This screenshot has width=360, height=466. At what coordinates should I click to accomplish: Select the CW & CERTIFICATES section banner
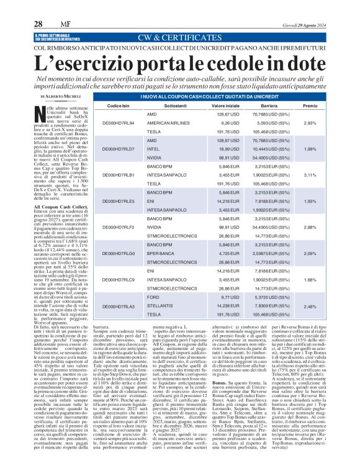click(180, 37)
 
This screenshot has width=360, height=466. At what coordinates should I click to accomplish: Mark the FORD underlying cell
click(153, 297)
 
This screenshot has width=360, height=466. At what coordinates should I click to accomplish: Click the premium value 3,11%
click(309, 176)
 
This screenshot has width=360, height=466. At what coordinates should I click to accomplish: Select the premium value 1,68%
click(309, 280)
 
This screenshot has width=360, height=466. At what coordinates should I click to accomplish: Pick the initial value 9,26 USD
click(212, 123)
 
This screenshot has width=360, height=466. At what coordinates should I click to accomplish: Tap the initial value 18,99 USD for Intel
click(212, 150)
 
